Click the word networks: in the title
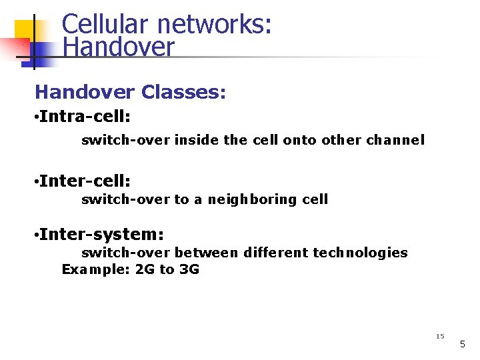click(215, 24)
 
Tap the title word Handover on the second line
click(118, 47)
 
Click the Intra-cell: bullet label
click(84, 117)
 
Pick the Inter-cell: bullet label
click(84, 181)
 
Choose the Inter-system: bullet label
click(101, 234)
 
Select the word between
click(207, 253)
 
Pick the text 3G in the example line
click(189, 269)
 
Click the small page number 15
click(439, 336)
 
